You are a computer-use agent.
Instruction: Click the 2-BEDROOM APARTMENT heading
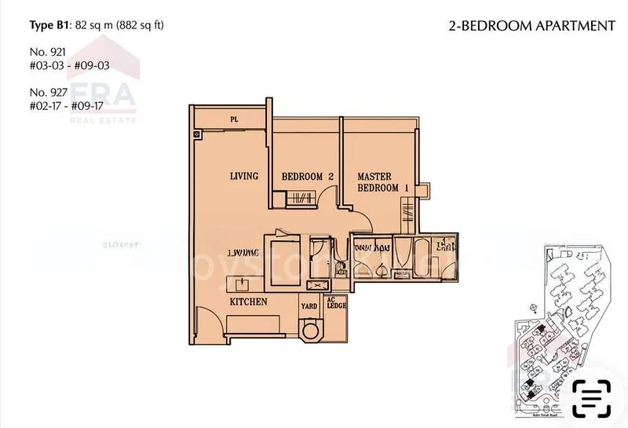(531, 26)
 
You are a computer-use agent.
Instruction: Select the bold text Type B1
(48, 26)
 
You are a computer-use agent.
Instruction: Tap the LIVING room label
(244, 176)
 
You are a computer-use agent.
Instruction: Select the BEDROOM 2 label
(308, 177)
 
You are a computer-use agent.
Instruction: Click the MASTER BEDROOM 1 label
(384, 182)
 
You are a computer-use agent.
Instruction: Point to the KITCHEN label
(249, 302)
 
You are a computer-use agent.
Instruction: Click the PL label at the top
(234, 119)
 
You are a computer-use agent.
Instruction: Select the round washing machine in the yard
(312, 331)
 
